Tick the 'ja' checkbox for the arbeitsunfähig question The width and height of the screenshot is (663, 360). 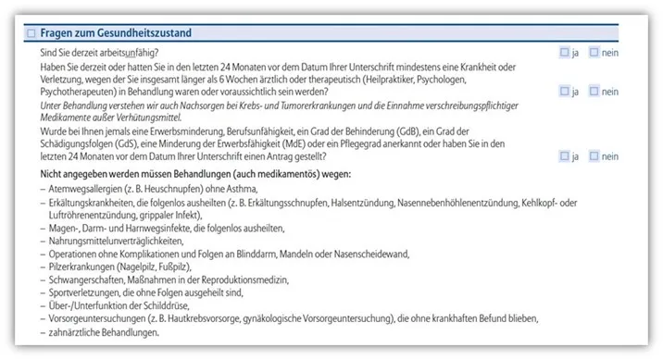coord(565,53)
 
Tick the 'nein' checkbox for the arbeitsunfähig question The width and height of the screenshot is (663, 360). coord(594,53)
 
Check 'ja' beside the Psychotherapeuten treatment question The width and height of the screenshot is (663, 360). coord(565,92)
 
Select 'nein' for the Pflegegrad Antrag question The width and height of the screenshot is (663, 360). coord(594,156)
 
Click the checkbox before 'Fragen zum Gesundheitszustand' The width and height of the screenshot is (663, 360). coord(31,33)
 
